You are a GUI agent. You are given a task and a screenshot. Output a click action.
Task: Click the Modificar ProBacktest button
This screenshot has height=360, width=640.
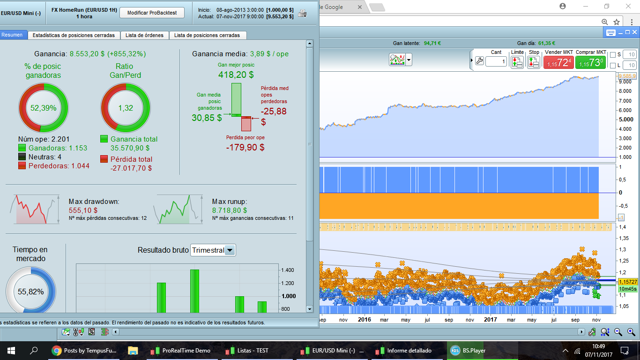(x=152, y=13)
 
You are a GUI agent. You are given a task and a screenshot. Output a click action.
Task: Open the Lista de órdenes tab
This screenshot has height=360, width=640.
(x=144, y=35)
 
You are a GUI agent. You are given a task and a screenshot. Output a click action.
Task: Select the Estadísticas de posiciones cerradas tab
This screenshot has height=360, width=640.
(x=74, y=35)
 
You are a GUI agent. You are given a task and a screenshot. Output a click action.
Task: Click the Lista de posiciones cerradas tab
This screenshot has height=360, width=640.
(x=207, y=35)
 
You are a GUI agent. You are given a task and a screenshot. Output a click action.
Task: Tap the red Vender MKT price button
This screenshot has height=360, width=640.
(x=558, y=62)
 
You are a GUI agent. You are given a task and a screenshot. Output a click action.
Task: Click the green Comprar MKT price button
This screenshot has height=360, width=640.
(x=590, y=62)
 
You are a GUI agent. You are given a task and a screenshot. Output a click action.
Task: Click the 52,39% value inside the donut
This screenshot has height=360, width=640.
(x=43, y=108)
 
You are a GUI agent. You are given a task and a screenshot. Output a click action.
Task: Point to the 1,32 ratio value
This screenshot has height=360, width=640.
(x=126, y=108)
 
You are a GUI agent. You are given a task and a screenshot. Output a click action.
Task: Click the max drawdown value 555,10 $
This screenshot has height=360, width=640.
(x=83, y=210)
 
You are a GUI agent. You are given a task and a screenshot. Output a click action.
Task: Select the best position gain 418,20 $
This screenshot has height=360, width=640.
(x=236, y=75)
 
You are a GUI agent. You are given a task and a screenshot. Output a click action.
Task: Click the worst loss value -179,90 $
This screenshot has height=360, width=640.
(x=245, y=147)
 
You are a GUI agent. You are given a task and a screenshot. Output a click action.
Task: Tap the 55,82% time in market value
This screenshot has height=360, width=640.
(x=30, y=292)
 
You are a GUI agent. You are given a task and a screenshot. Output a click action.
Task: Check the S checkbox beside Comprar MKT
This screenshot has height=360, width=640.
(x=613, y=55)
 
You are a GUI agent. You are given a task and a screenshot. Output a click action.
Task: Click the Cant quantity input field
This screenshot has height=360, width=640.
(x=496, y=61)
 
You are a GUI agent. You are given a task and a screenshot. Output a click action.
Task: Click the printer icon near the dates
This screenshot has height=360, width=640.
(x=303, y=13)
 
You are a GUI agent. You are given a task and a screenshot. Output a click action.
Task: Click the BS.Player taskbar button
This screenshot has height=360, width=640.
(x=469, y=350)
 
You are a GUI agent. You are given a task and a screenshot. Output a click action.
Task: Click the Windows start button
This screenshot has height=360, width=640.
(x=11, y=350)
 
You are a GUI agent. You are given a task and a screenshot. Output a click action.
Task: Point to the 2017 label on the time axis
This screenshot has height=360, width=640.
(x=490, y=320)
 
